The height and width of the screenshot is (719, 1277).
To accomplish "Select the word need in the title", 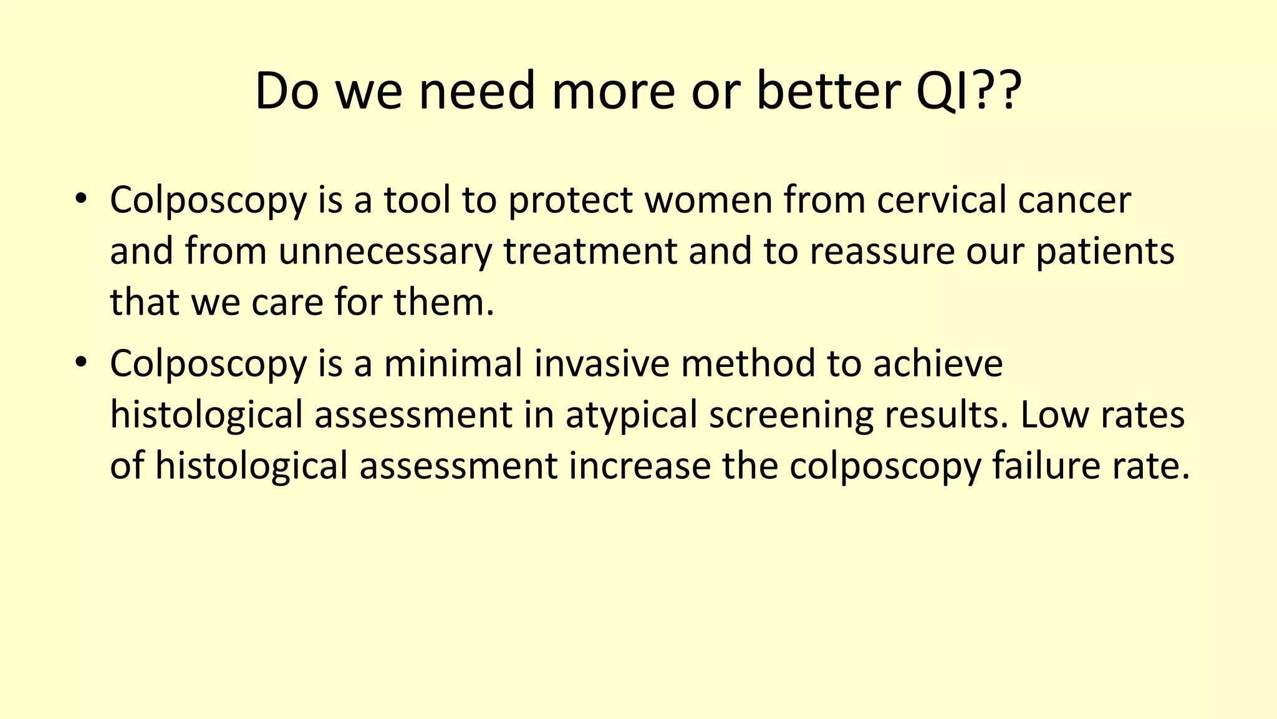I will [476, 91].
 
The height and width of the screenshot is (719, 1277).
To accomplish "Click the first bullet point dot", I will [80, 200].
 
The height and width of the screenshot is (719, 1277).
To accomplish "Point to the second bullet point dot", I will [80, 363].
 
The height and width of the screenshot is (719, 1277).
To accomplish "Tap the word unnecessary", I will [385, 252].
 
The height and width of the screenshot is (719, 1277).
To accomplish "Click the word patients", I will [1105, 252].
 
